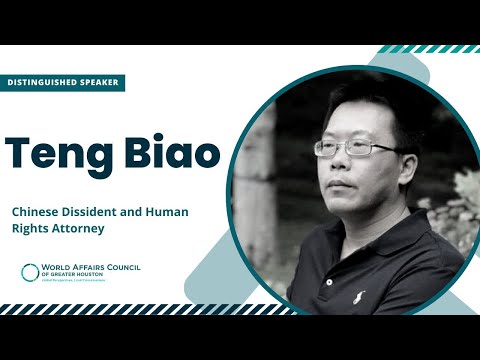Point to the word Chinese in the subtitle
(x=36, y=211)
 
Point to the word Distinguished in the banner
(x=44, y=82)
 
